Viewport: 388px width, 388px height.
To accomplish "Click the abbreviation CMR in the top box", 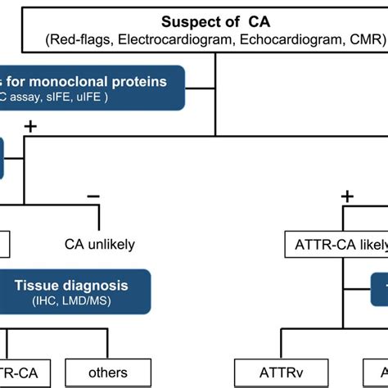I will (325, 39).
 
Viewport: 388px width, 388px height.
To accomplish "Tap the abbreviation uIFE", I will (104, 96).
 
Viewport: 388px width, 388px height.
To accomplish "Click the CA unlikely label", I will (100, 243).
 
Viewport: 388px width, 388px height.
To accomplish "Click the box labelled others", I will (107, 372).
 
